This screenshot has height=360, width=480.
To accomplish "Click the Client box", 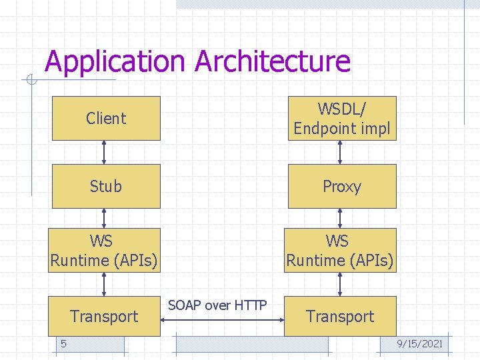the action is pyautogui.click(x=106, y=119).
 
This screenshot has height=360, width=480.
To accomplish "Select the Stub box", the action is pyautogui.click(x=106, y=186).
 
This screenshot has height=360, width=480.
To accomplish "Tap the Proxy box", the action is pyautogui.click(x=342, y=186).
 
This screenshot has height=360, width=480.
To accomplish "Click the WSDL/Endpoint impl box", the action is pyautogui.click(x=342, y=119).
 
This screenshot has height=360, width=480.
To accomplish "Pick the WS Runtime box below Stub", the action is pyautogui.click(x=105, y=250).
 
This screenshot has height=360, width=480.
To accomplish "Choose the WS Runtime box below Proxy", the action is pyautogui.click(x=341, y=250).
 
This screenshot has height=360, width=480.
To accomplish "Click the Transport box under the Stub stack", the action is pyautogui.click(x=105, y=316).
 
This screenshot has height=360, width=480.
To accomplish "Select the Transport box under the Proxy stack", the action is pyautogui.click(x=341, y=316).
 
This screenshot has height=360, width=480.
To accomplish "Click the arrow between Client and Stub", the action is pyautogui.click(x=104, y=153).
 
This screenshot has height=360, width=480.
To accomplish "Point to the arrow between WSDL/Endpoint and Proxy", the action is pyautogui.click(x=340, y=153).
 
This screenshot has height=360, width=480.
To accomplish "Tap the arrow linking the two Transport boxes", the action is pyautogui.click(x=222, y=320).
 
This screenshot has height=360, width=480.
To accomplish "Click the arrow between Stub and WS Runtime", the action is pyautogui.click(x=104, y=218).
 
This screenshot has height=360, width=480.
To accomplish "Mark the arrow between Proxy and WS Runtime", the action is pyautogui.click(x=340, y=218).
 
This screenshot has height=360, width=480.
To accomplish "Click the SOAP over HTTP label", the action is pyautogui.click(x=217, y=305).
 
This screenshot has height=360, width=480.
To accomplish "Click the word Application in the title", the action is pyautogui.click(x=115, y=61).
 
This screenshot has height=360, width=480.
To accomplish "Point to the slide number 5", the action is pyautogui.click(x=63, y=344).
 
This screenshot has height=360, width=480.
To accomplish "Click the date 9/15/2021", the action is pyautogui.click(x=420, y=344).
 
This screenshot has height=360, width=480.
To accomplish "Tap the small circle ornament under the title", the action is pyautogui.click(x=31, y=79).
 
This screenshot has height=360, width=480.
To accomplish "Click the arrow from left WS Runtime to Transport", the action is pyautogui.click(x=104, y=284).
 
